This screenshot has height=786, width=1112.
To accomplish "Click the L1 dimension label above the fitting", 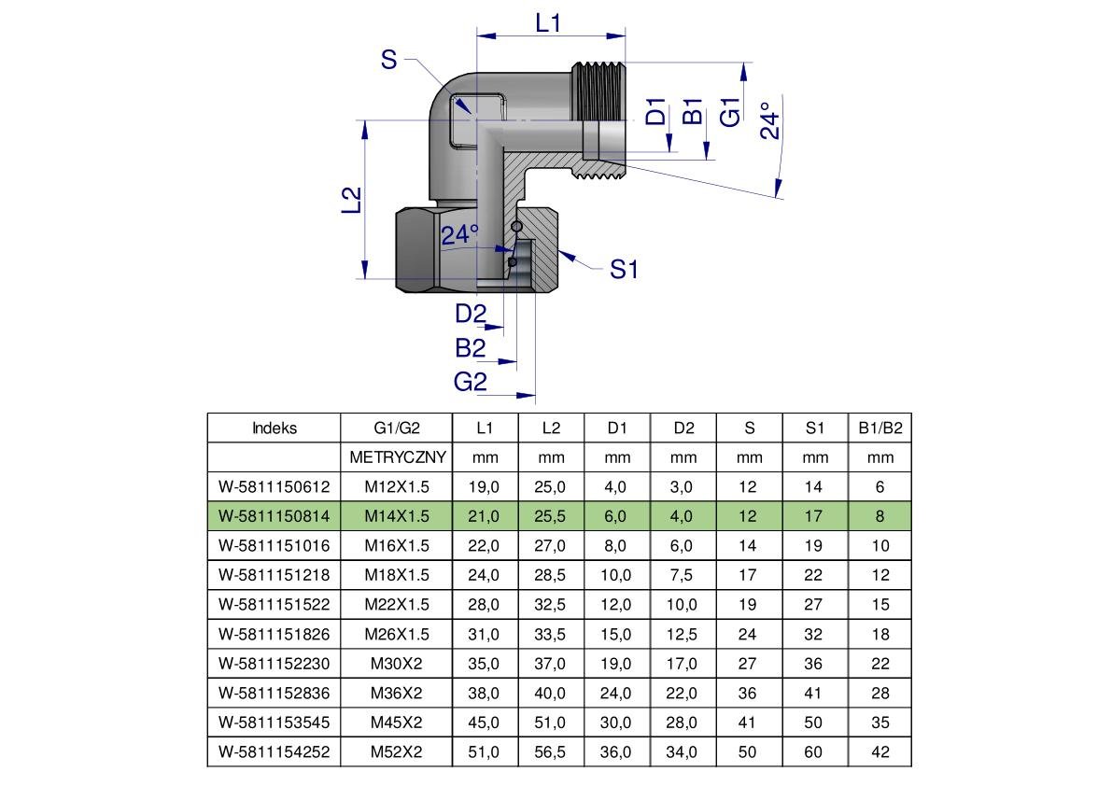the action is (x=548, y=23).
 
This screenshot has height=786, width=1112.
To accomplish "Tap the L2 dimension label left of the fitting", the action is (x=352, y=200).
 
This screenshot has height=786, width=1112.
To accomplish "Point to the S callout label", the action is (x=388, y=60).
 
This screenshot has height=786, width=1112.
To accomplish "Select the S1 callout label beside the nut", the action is (x=624, y=270).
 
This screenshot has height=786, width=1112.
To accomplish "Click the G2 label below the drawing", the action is (x=471, y=382).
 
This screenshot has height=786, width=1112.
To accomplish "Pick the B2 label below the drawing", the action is (x=471, y=348).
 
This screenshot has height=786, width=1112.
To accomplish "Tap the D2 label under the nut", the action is (x=471, y=314).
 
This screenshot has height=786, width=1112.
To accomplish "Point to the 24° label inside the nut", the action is (x=460, y=234).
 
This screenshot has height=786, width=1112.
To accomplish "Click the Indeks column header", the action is (x=274, y=428).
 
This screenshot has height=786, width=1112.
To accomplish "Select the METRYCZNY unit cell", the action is (x=397, y=457).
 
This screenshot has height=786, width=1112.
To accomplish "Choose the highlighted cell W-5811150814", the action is (x=274, y=516).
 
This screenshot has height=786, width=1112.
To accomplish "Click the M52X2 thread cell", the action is (x=397, y=752).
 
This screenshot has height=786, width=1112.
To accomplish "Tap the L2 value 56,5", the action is (x=550, y=752).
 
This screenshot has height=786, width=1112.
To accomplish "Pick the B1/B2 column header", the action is (x=880, y=428).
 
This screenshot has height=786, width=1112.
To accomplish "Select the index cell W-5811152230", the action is (x=274, y=664).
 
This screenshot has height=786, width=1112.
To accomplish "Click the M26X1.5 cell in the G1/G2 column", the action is (x=397, y=635).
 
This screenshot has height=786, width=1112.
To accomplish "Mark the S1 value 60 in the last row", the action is (x=813, y=752).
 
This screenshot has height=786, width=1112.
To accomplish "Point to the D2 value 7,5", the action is (x=682, y=575).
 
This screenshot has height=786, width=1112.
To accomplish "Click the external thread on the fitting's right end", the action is (x=598, y=91).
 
